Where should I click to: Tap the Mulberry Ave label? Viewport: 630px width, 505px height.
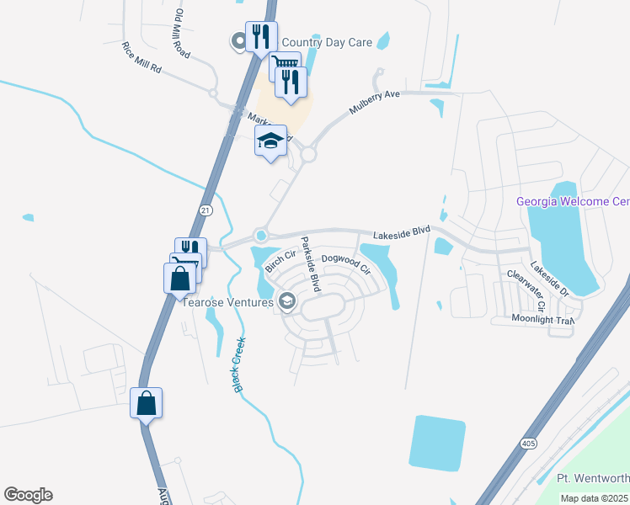[x=375, y=107]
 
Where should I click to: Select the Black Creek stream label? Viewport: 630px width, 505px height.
[x=238, y=364]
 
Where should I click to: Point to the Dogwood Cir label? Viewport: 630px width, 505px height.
[x=346, y=263]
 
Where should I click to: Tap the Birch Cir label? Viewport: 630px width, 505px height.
[x=280, y=260]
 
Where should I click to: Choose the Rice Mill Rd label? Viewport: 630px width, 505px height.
[x=141, y=57]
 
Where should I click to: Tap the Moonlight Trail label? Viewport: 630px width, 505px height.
[x=542, y=320]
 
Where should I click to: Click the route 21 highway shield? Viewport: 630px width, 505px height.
[x=206, y=210]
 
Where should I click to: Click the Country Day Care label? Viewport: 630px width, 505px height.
[x=327, y=42]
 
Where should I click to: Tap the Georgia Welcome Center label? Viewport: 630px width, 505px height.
[x=573, y=201]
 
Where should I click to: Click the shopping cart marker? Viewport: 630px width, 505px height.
[x=285, y=66]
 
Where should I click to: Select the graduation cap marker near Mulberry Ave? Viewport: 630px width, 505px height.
[x=271, y=141]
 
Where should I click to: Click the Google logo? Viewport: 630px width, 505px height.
[x=28, y=495]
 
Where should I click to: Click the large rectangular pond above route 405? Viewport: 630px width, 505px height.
[x=436, y=443]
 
